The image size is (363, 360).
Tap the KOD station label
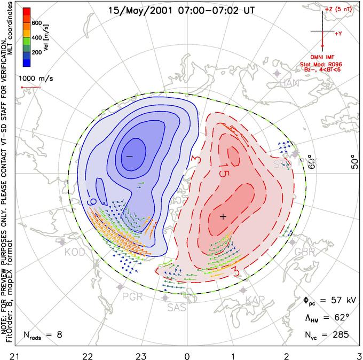[x=75, y=252]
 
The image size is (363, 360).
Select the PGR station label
[x=132, y=296]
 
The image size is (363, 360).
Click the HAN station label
[x=289, y=83]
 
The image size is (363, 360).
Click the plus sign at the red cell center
[x=223, y=216]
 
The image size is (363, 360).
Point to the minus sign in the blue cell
[x=129, y=155]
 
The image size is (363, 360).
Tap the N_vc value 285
[x=340, y=335]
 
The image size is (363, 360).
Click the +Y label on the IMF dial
[x=338, y=34]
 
